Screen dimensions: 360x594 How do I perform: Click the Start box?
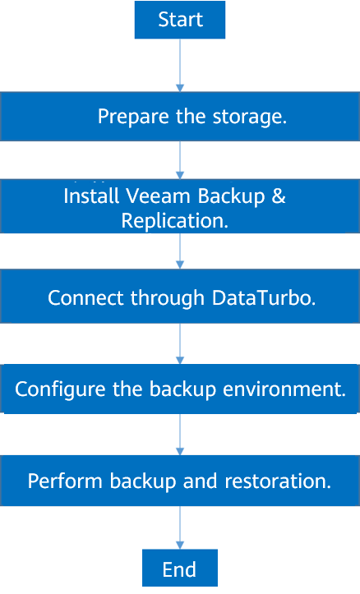click(x=180, y=20)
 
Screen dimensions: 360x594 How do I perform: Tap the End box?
click(x=180, y=568)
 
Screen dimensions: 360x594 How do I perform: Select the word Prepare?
click(x=133, y=117)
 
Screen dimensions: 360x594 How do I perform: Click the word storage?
click(x=250, y=117)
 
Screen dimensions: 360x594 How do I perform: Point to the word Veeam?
click(x=158, y=196)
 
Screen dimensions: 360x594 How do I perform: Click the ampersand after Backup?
click(x=279, y=196)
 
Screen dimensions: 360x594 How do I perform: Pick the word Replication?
click(x=175, y=220)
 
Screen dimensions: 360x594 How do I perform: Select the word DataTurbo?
click(x=264, y=297)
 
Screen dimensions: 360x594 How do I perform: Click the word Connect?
click(x=86, y=297)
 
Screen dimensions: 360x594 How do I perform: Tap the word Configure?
click(x=60, y=389)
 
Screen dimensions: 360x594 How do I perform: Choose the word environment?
click(x=284, y=389)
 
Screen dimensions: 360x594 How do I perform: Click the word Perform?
click(x=65, y=481)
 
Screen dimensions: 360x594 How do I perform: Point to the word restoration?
click(x=278, y=481)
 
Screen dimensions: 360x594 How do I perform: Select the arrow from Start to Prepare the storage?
click(x=180, y=65)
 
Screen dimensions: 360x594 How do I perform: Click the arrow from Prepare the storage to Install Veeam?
click(x=180, y=160)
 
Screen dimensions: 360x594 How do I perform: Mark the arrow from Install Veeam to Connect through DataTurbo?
click(x=180, y=251)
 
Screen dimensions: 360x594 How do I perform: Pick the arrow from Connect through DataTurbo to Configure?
click(x=180, y=343)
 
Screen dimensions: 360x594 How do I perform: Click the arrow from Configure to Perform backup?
click(x=180, y=435)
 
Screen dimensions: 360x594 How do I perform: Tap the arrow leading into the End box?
click(x=180, y=527)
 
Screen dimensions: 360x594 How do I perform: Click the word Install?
click(x=91, y=196)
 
